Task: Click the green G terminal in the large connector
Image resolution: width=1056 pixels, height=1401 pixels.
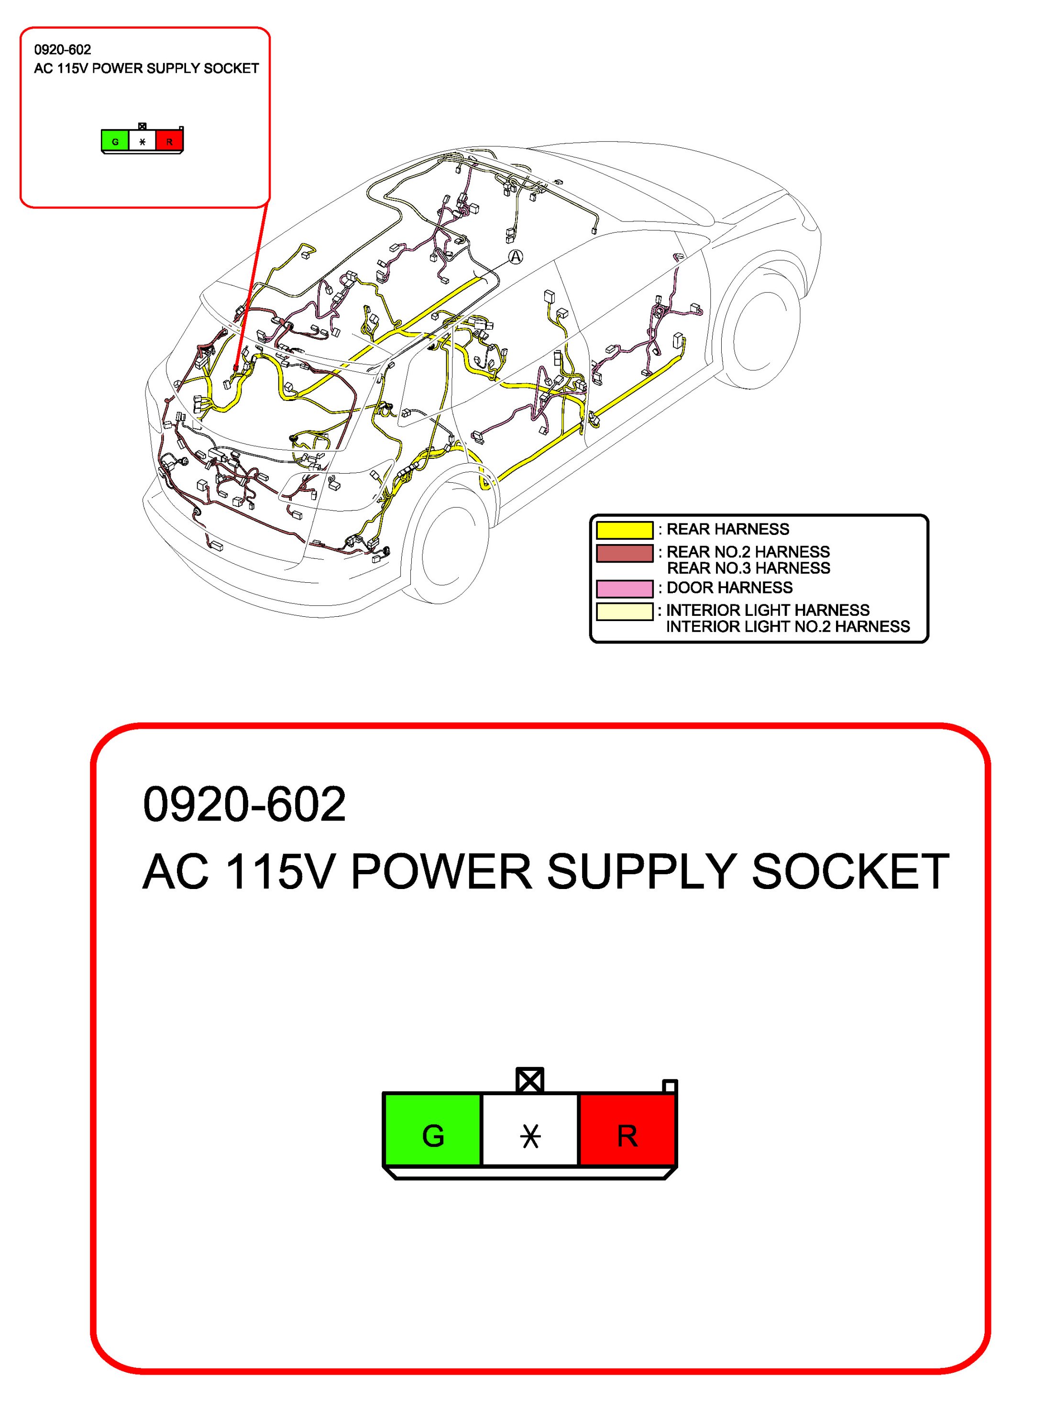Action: [x=432, y=1135]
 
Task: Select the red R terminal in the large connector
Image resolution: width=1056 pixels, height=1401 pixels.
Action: [x=627, y=1135]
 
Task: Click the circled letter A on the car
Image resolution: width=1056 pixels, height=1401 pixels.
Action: [x=516, y=256]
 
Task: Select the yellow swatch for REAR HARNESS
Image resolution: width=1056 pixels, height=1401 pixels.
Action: [x=624, y=530]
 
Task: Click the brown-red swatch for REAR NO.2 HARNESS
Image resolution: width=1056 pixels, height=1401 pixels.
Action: [x=624, y=553]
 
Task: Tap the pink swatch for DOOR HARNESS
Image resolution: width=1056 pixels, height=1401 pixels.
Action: [x=624, y=589]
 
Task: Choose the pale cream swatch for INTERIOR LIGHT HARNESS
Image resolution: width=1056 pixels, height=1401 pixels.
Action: [x=624, y=611]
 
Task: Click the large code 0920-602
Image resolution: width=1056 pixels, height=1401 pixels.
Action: [x=244, y=804]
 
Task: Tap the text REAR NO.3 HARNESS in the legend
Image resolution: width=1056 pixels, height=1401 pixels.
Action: [x=748, y=568]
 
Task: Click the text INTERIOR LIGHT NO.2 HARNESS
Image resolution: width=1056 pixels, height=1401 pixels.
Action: [x=788, y=626]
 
